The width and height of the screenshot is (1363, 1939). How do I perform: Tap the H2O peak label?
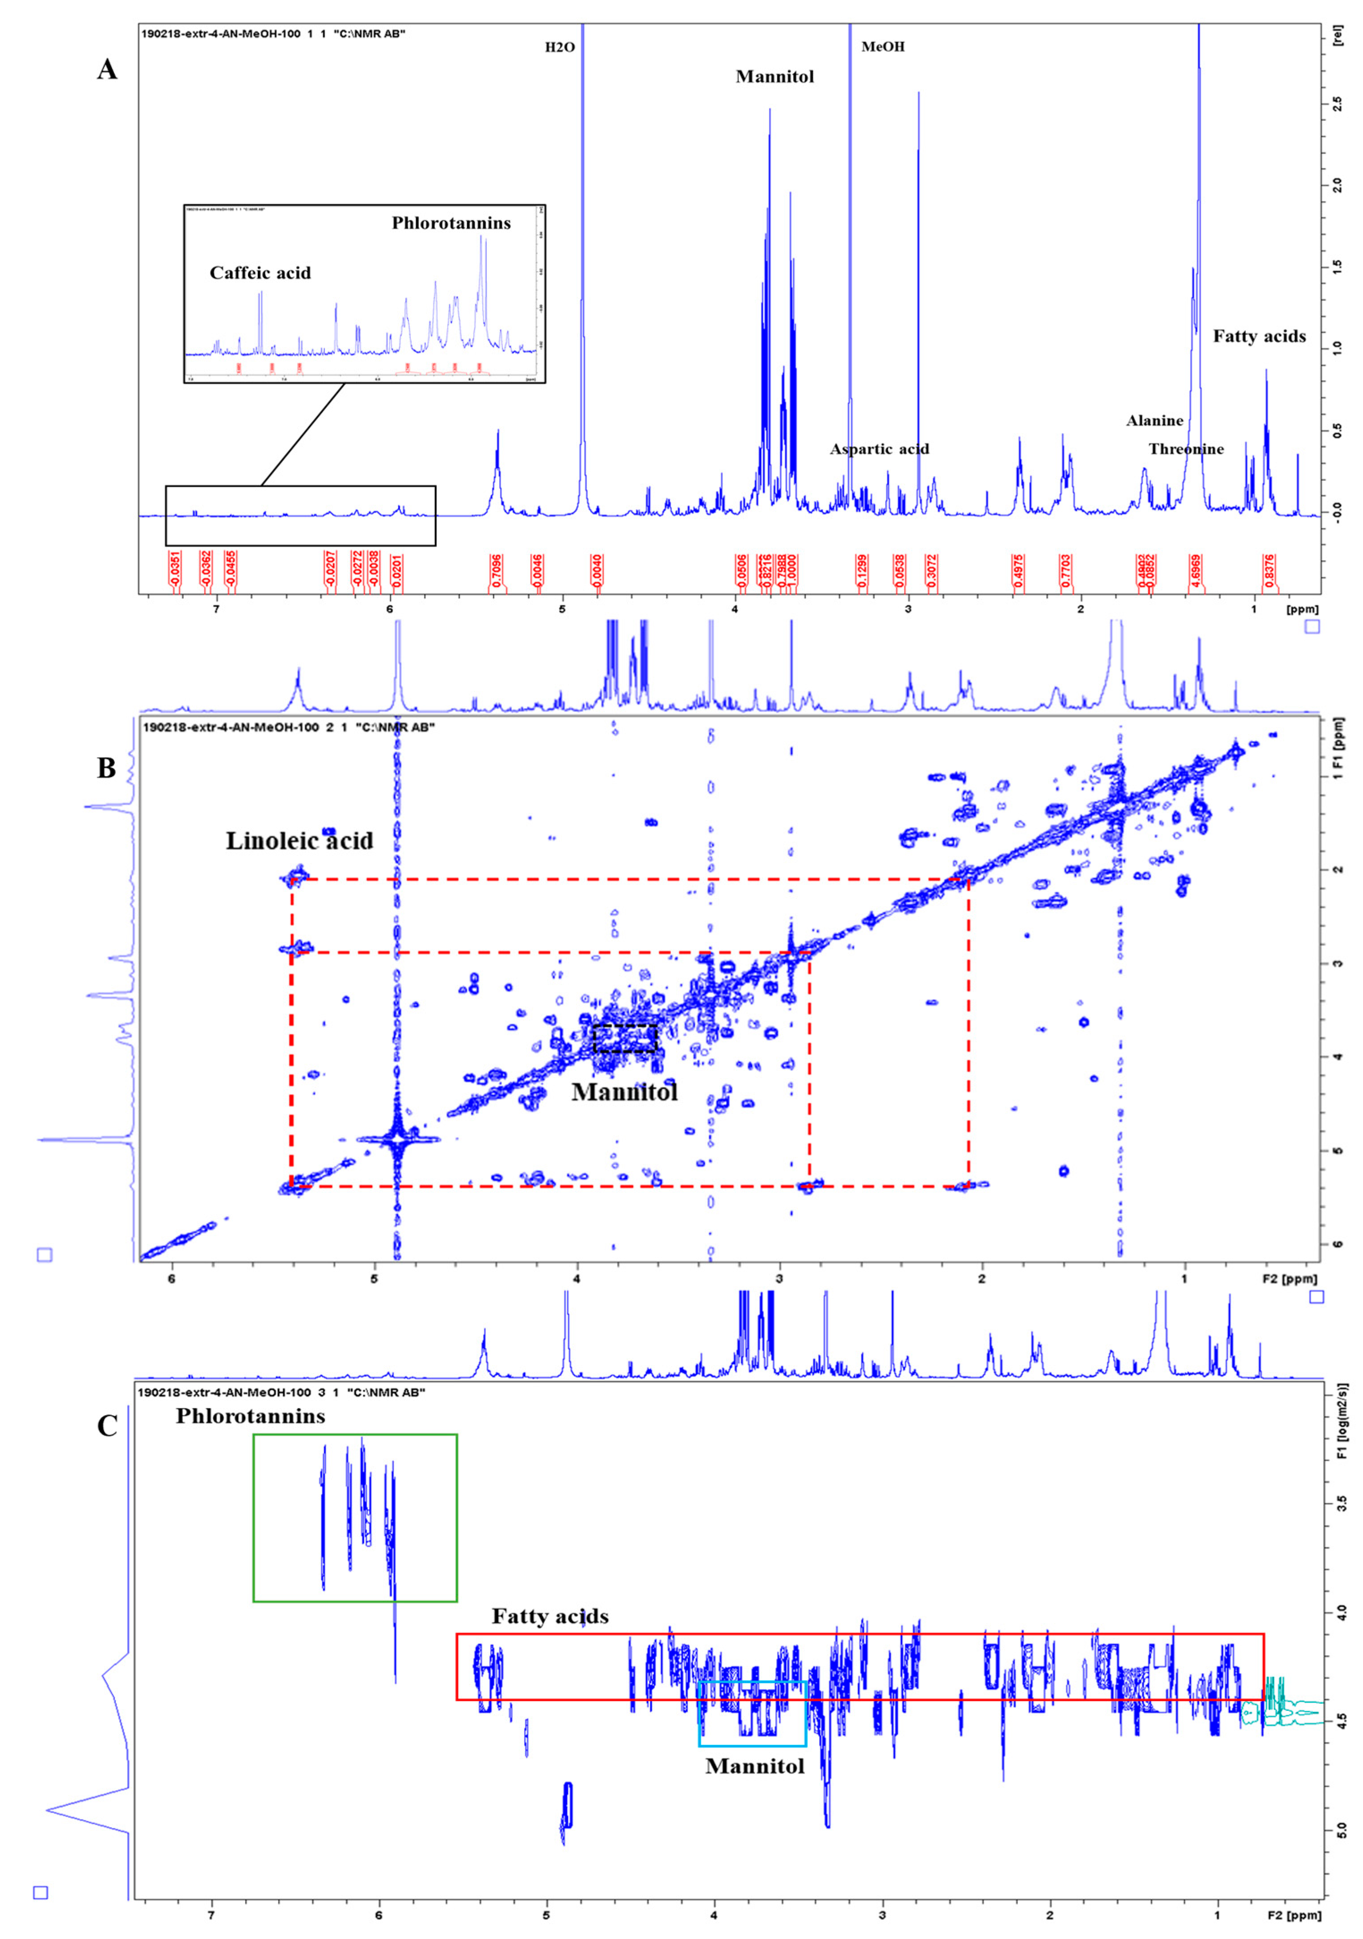tap(560, 47)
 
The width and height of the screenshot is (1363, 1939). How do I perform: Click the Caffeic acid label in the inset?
tap(260, 273)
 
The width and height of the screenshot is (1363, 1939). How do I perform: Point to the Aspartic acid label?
tap(879, 449)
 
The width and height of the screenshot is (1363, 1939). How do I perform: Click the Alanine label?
tap(1154, 421)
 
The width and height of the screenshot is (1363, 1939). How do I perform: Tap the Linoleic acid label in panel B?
tap(299, 841)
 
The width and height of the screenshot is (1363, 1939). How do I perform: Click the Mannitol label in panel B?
tap(624, 1093)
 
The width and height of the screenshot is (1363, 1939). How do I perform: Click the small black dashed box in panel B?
tap(625, 1038)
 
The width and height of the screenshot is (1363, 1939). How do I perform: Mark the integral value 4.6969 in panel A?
tap(1196, 570)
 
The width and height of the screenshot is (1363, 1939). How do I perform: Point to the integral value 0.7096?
tap(496, 570)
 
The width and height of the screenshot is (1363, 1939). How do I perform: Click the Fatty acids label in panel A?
tap(1259, 336)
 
